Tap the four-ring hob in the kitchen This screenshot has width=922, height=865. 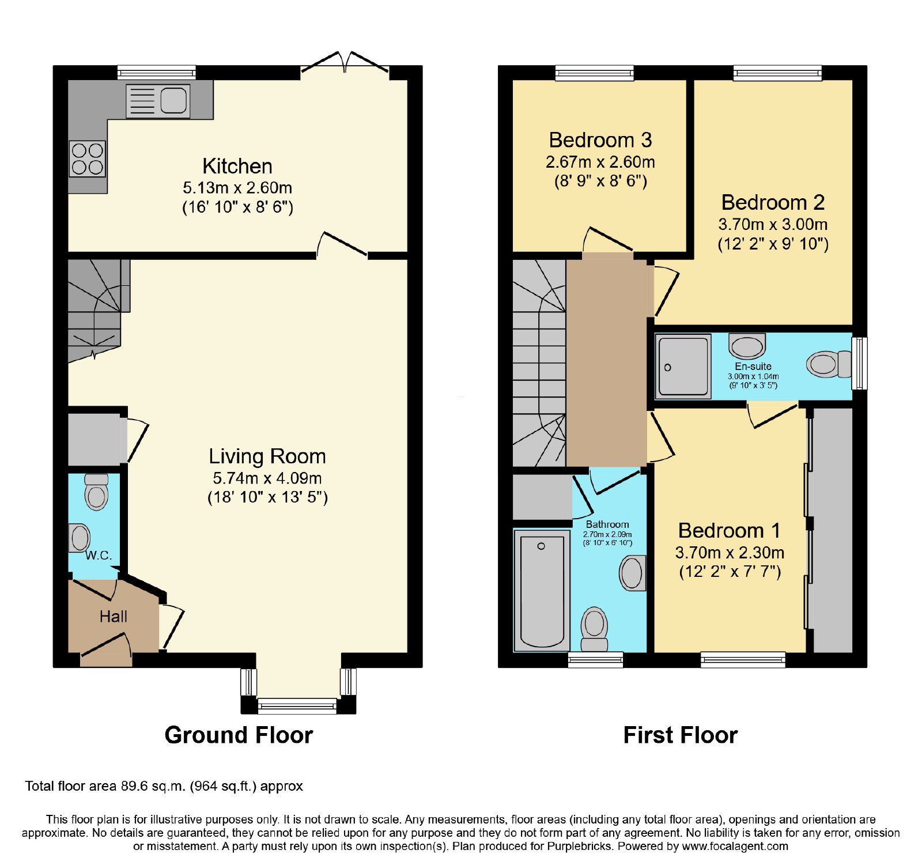[x=88, y=158]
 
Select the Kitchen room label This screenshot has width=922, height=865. [x=237, y=166]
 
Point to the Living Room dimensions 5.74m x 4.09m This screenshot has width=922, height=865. [x=267, y=478]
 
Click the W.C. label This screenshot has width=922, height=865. [x=99, y=556]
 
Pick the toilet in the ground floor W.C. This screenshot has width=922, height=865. [x=96, y=492]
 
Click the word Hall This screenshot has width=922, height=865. [x=113, y=617]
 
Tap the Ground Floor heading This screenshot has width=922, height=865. [x=239, y=735]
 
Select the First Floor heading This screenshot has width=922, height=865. [x=681, y=735]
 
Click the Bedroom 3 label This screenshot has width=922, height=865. [x=600, y=140]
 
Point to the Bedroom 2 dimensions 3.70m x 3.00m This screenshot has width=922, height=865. [x=773, y=224]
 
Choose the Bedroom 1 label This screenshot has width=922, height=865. [x=730, y=530]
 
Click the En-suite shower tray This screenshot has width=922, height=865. [x=683, y=367]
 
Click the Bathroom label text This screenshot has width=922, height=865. [x=607, y=524]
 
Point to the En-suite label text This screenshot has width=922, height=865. [x=753, y=367]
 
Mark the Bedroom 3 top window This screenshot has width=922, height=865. [x=595, y=73]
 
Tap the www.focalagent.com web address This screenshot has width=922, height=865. [x=735, y=847]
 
